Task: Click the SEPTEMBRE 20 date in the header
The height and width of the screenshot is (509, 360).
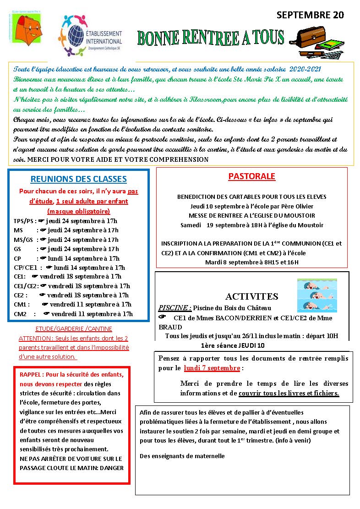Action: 310,15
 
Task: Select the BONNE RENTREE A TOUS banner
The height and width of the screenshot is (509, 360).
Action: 212,38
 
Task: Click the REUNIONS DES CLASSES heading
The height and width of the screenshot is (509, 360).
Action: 79,179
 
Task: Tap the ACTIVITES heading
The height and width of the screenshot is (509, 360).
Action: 251,296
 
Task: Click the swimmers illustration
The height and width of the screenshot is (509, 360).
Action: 317,295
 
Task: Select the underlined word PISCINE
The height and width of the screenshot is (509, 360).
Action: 173,308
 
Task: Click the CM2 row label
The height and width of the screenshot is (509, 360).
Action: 21,314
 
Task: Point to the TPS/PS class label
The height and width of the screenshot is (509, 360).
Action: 24,220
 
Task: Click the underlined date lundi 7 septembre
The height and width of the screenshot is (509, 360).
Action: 212,368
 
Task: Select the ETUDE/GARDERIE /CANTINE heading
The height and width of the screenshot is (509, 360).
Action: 74,329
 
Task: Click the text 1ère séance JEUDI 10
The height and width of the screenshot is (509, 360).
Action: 232,345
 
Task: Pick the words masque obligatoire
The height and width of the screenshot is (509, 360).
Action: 79,211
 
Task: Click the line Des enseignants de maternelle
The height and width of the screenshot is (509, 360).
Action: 182,456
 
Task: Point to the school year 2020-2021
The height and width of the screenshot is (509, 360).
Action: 305,69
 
